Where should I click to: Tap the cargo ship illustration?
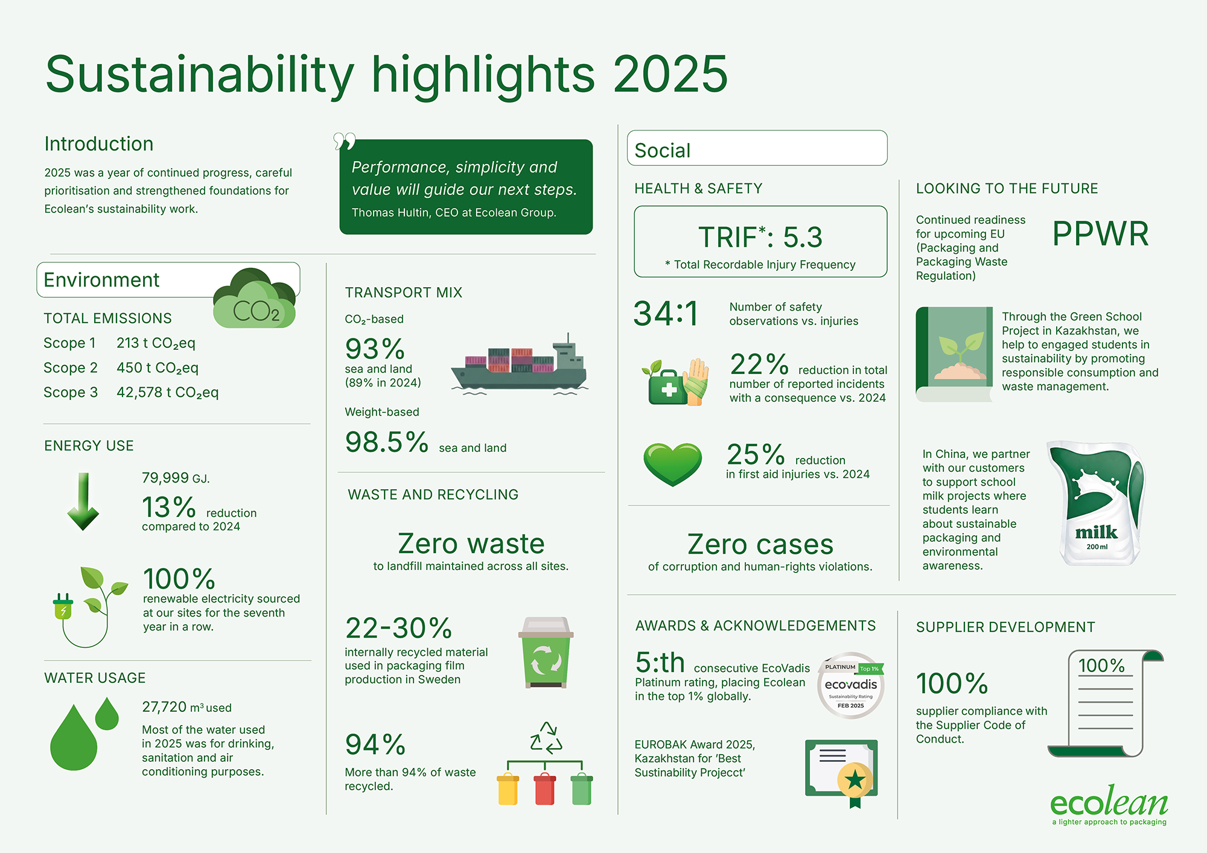click(x=519, y=365)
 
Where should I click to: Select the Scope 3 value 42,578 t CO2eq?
click(x=168, y=393)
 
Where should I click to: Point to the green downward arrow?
click(x=83, y=501)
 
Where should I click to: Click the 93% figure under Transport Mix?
click(x=375, y=349)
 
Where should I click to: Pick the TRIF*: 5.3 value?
click(x=760, y=237)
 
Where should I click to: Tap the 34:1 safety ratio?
click(x=666, y=314)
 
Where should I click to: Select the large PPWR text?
click(x=1100, y=233)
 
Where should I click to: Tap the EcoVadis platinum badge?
click(x=852, y=685)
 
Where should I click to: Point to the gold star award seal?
click(x=855, y=780)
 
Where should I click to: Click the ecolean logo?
click(x=1109, y=805)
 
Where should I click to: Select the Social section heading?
click(x=662, y=150)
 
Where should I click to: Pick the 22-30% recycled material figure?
click(x=398, y=628)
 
